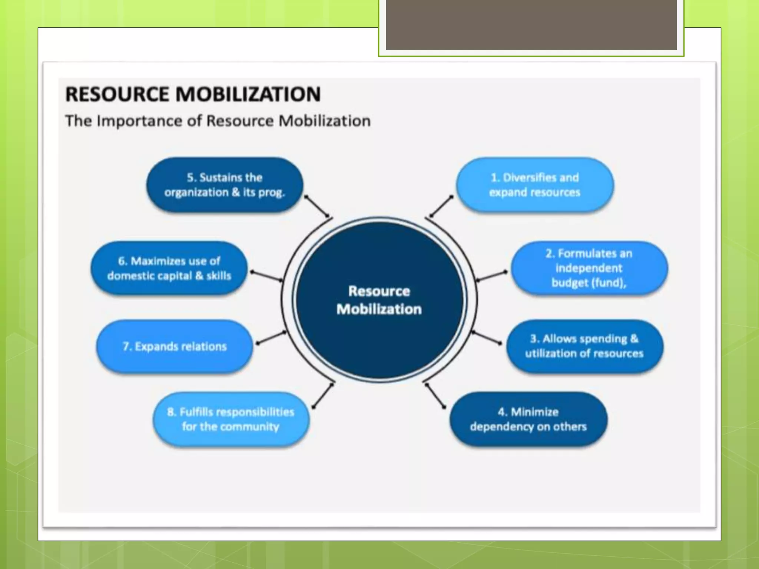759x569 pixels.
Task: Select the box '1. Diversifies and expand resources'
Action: point(534,185)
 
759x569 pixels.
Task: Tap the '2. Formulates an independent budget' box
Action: point(589,268)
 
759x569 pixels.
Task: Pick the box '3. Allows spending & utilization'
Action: point(584,346)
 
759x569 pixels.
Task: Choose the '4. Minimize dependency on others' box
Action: point(528,419)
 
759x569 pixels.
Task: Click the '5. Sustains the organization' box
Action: point(225,185)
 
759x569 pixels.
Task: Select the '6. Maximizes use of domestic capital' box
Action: point(169,268)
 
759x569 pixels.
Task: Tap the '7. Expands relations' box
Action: point(175,346)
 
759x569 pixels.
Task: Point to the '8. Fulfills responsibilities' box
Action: point(231,419)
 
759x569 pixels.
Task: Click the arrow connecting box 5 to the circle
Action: point(317,206)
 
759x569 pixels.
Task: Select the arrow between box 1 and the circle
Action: point(441,206)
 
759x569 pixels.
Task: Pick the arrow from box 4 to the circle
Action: point(435,396)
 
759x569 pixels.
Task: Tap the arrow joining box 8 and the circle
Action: point(323,396)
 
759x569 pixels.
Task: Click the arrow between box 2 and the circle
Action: point(491,276)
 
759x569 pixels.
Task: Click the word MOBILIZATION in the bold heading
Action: point(248,94)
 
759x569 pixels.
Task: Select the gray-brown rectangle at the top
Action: point(531,25)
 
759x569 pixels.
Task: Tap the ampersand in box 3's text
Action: point(634,339)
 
